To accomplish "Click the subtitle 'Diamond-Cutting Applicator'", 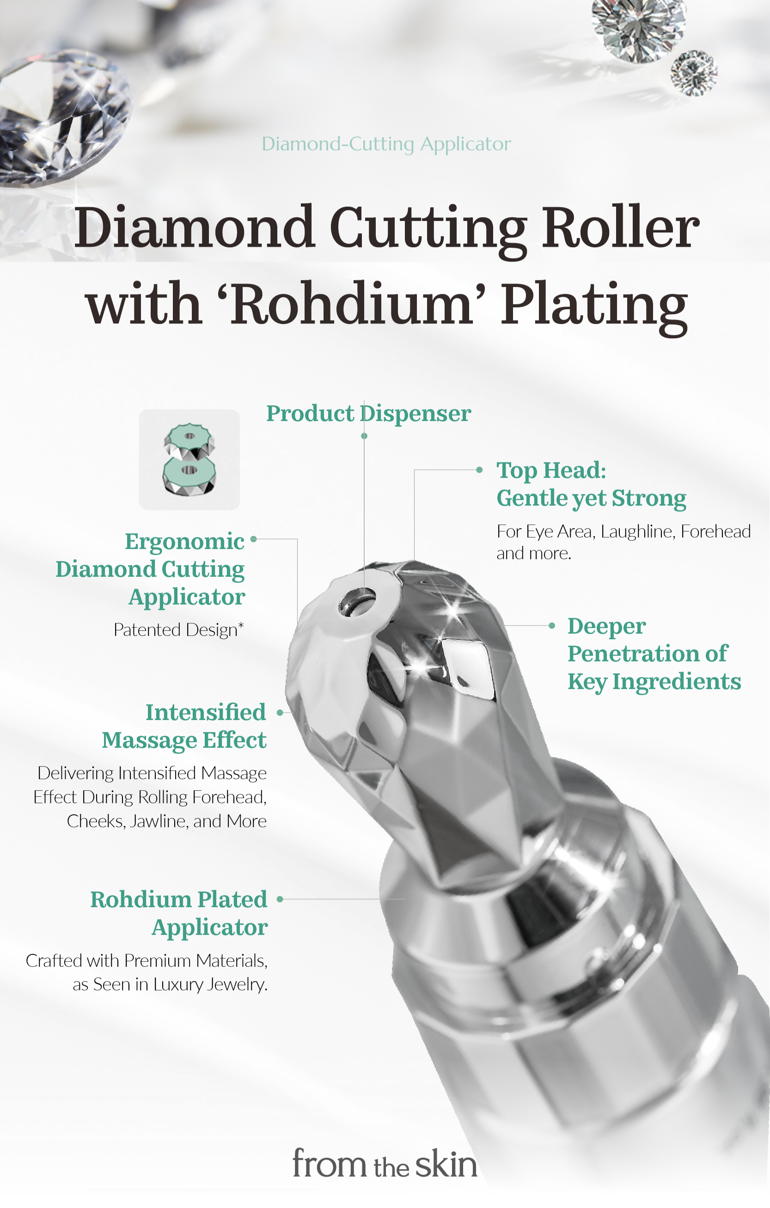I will click(x=386, y=144).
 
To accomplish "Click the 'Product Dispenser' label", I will click(x=368, y=413).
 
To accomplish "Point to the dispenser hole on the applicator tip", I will click(x=357, y=601).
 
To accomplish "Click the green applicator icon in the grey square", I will click(x=189, y=459).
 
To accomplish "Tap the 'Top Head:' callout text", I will click(x=551, y=470).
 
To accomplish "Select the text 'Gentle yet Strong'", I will click(x=591, y=498).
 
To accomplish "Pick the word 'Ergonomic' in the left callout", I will click(x=184, y=541).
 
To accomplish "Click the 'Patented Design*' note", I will click(x=178, y=629).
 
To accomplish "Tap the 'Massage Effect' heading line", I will click(x=184, y=740).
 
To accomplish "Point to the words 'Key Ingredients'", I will click(x=654, y=682).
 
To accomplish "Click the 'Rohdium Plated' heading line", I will click(x=178, y=899).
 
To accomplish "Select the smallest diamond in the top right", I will click(x=694, y=73).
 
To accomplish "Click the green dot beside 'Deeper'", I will click(x=552, y=626).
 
